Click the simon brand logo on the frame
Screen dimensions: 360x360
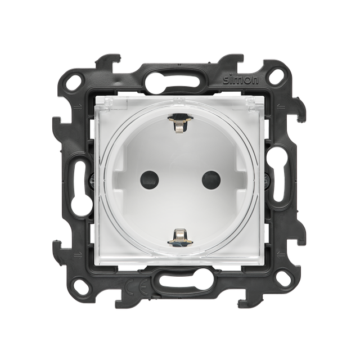(x=241, y=79)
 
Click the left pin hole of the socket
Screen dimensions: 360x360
(x=150, y=180)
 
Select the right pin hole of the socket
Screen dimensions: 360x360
(x=211, y=180)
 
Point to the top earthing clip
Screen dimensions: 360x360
(x=180, y=123)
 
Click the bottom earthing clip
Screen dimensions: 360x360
(x=180, y=237)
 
